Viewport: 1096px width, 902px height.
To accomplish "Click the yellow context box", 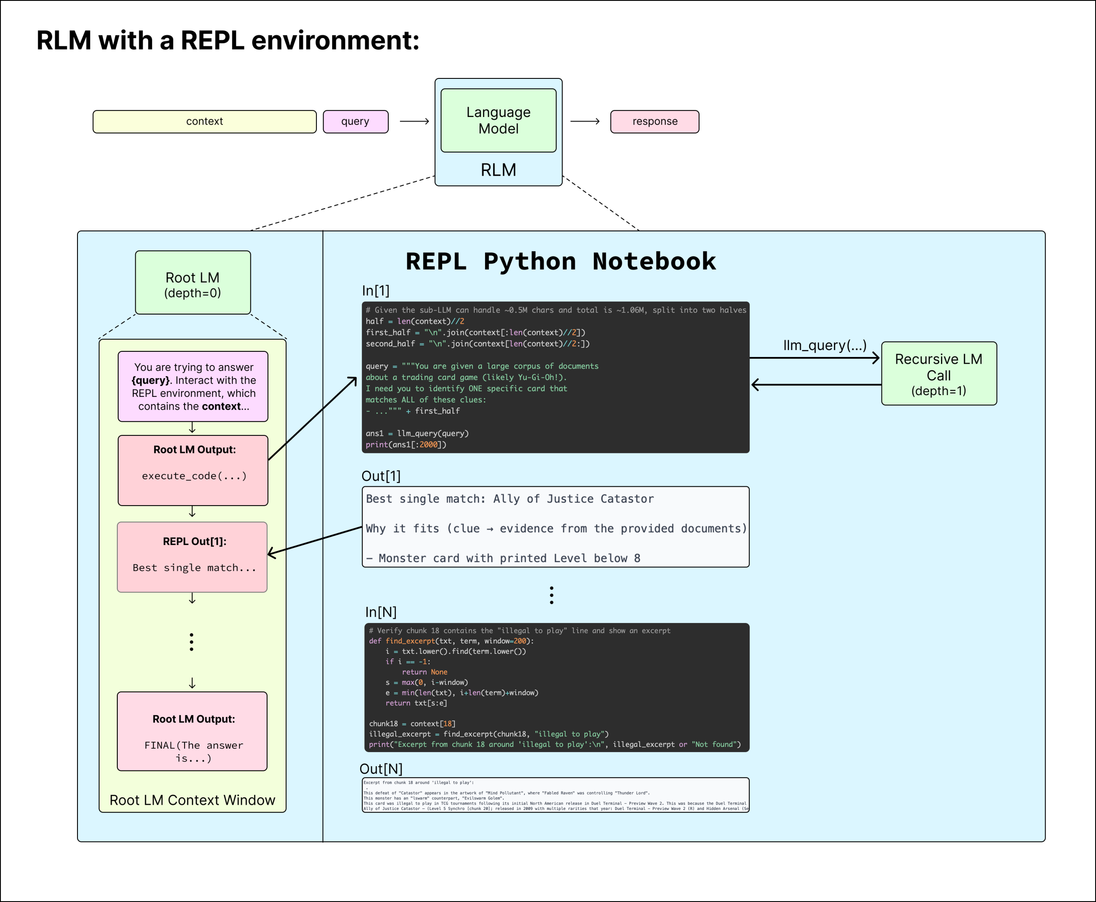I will (204, 122).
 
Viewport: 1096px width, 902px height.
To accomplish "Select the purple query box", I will (355, 122).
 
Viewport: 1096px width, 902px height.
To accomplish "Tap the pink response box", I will (654, 122).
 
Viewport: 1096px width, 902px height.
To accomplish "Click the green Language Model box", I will (498, 120).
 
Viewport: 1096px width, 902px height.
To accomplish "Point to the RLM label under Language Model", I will (498, 170).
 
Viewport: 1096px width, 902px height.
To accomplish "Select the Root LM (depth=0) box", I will (193, 283).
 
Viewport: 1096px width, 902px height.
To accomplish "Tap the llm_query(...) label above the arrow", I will (825, 345).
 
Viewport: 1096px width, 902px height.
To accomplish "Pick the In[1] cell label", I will (375, 291).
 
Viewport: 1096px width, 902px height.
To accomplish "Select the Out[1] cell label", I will (381, 476).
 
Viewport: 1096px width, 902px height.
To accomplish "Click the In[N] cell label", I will (381, 612).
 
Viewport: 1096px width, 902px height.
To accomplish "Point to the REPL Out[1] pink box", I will (192, 557).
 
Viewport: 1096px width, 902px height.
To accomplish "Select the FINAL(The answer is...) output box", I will (192, 731).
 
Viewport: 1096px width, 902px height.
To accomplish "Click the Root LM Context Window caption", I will (192, 800).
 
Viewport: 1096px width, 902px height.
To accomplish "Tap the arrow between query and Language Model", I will (414, 122).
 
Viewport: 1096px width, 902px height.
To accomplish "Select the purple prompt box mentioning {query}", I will (193, 386).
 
